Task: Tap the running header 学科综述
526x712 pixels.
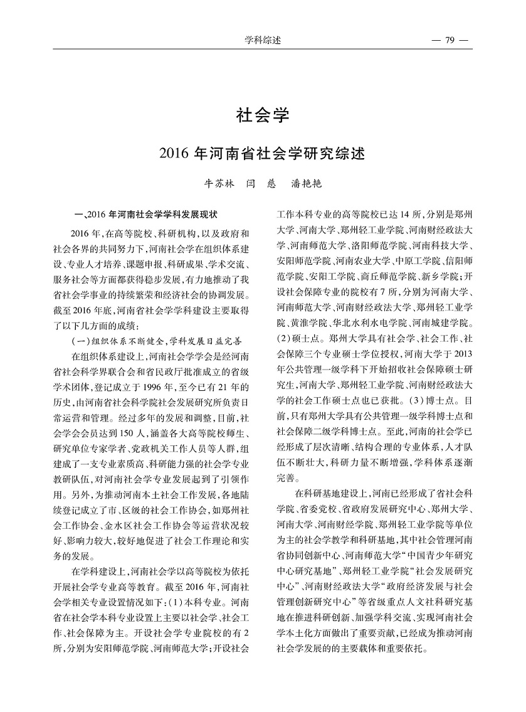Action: click(263, 41)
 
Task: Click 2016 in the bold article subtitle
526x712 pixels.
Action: click(174, 153)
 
